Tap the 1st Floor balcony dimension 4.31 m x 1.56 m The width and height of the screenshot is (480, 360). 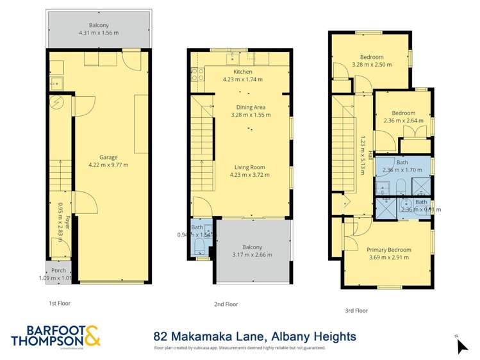(x=99, y=33)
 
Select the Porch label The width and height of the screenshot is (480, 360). (x=58, y=270)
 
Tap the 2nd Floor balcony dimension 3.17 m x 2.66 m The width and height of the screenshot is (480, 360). (x=252, y=255)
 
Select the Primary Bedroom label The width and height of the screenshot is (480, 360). (x=388, y=250)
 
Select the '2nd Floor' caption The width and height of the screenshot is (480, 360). (x=225, y=304)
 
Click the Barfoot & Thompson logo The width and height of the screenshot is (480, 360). (x=55, y=336)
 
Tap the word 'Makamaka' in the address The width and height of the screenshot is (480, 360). (x=210, y=336)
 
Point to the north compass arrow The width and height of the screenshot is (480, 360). (x=461, y=346)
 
